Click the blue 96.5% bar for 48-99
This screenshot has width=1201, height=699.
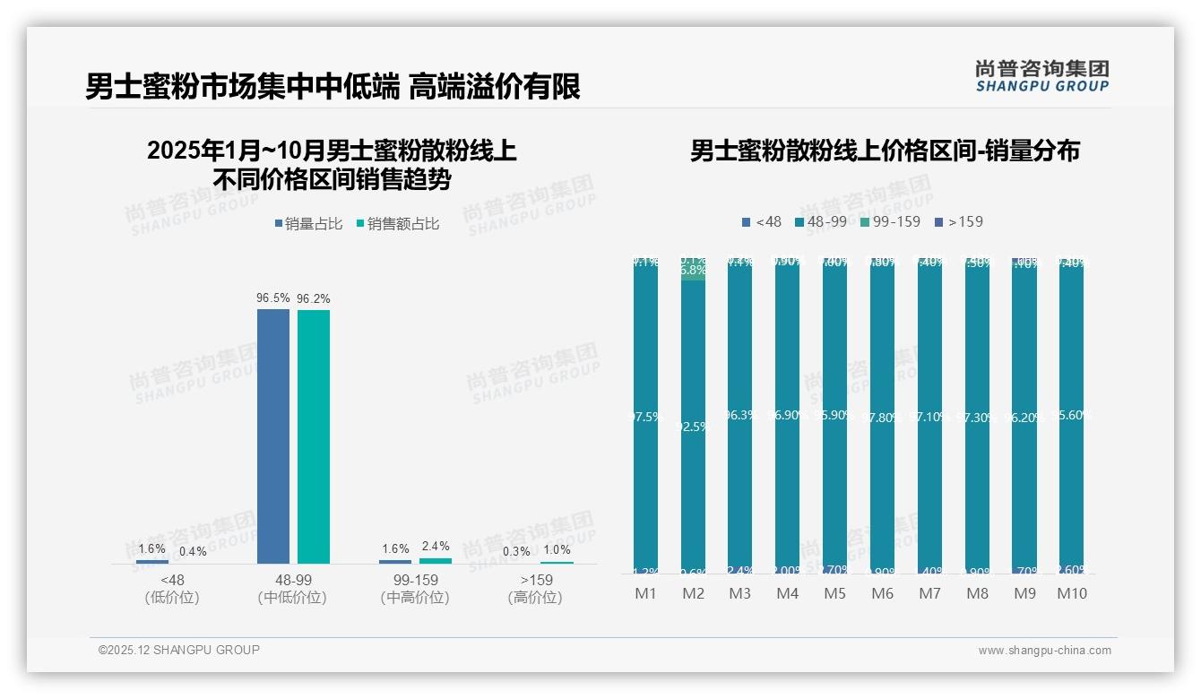pyautogui.click(x=273, y=436)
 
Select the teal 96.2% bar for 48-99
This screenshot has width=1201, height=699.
pyautogui.click(x=314, y=436)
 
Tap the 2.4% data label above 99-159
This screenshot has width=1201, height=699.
pyautogui.click(x=435, y=546)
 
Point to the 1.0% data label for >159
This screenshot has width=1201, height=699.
pyautogui.click(x=557, y=549)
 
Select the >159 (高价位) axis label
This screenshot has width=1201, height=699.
pyautogui.click(x=535, y=589)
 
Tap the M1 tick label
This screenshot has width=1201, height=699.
pyautogui.click(x=645, y=593)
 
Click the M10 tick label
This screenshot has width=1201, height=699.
pyautogui.click(x=1071, y=593)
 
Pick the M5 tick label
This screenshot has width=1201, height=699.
pyautogui.click(x=834, y=593)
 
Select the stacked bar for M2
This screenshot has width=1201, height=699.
pyautogui.click(x=693, y=417)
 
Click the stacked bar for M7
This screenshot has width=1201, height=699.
pyautogui.click(x=929, y=417)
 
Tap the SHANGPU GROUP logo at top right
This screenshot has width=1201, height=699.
pyautogui.click(x=1041, y=76)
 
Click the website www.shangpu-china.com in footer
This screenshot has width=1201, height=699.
pyautogui.click(x=1044, y=651)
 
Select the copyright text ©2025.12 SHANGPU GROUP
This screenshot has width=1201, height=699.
pyautogui.click(x=179, y=650)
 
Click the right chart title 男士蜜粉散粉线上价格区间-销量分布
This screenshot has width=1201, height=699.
pyautogui.click(x=885, y=151)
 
